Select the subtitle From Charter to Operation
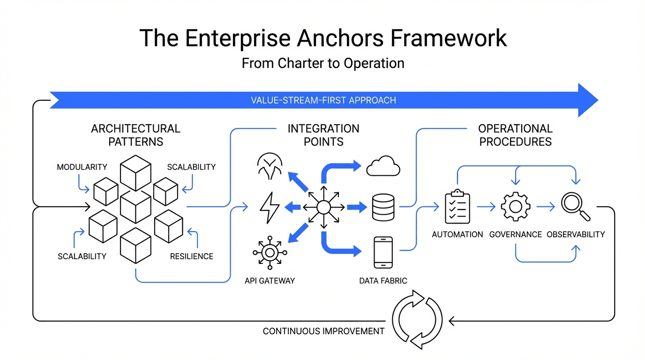pyautogui.click(x=323, y=63)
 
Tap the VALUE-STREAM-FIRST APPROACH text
pyautogui.click(x=323, y=100)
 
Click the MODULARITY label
pyautogui.click(x=82, y=167)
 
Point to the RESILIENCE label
pyautogui.click(x=191, y=256)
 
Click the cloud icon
pyautogui.click(x=383, y=166)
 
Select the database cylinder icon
pyautogui.click(x=383, y=207)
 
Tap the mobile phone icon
pyautogui.click(x=383, y=252)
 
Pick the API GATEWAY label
pyautogui.click(x=270, y=281)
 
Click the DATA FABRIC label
pyautogui.click(x=383, y=281)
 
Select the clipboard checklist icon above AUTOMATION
pyautogui.click(x=457, y=207)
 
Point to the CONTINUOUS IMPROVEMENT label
pyautogui.click(x=323, y=331)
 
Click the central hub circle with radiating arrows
pyautogui.click(x=323, y=207)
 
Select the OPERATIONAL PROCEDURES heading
pyautogui.click(x=515, y=135)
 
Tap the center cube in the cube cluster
pyautogui.click(x=135, y=207)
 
